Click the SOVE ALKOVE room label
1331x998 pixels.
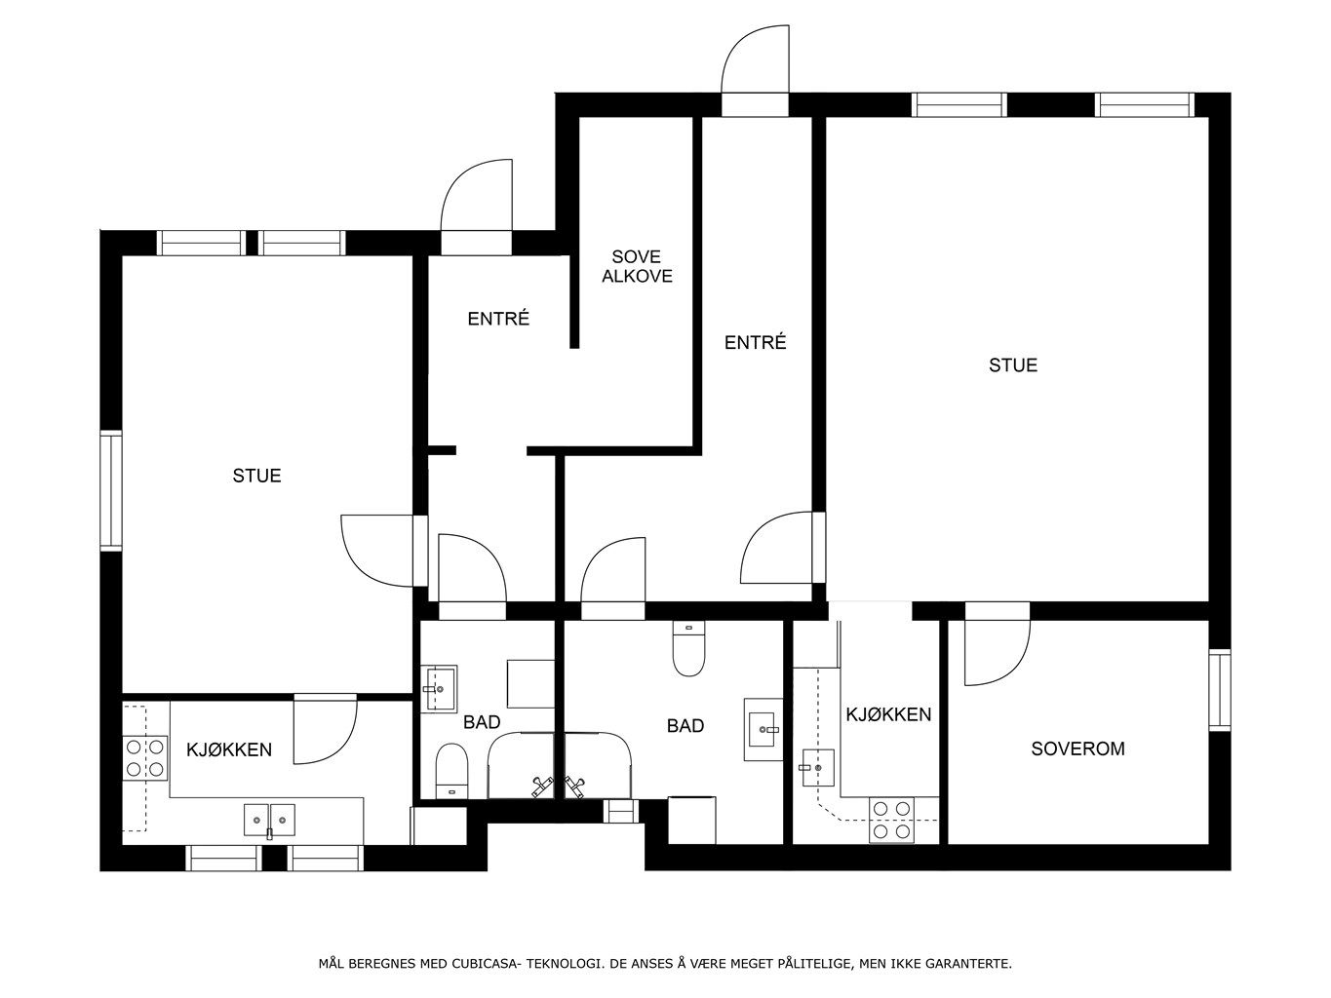pos(637,266)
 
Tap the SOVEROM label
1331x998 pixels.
pos(1077,748)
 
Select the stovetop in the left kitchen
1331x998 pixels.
pos(145,757)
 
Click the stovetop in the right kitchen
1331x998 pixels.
pos(891,820)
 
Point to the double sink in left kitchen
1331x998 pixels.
pos(269,820)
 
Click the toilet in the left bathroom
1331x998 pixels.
pos(451,771)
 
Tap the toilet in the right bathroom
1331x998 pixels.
pos(688,649)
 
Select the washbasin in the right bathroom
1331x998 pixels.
pos(763,730)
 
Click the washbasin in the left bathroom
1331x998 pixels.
pos(439,688)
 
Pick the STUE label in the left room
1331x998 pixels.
pos(256,476)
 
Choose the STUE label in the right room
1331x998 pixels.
pos(1013,365)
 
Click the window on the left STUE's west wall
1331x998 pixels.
pos(111,490)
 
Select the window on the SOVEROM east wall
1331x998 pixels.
pos(1220,690)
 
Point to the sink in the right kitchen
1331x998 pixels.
pos(818,768)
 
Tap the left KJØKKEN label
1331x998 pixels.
pos(228,750)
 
